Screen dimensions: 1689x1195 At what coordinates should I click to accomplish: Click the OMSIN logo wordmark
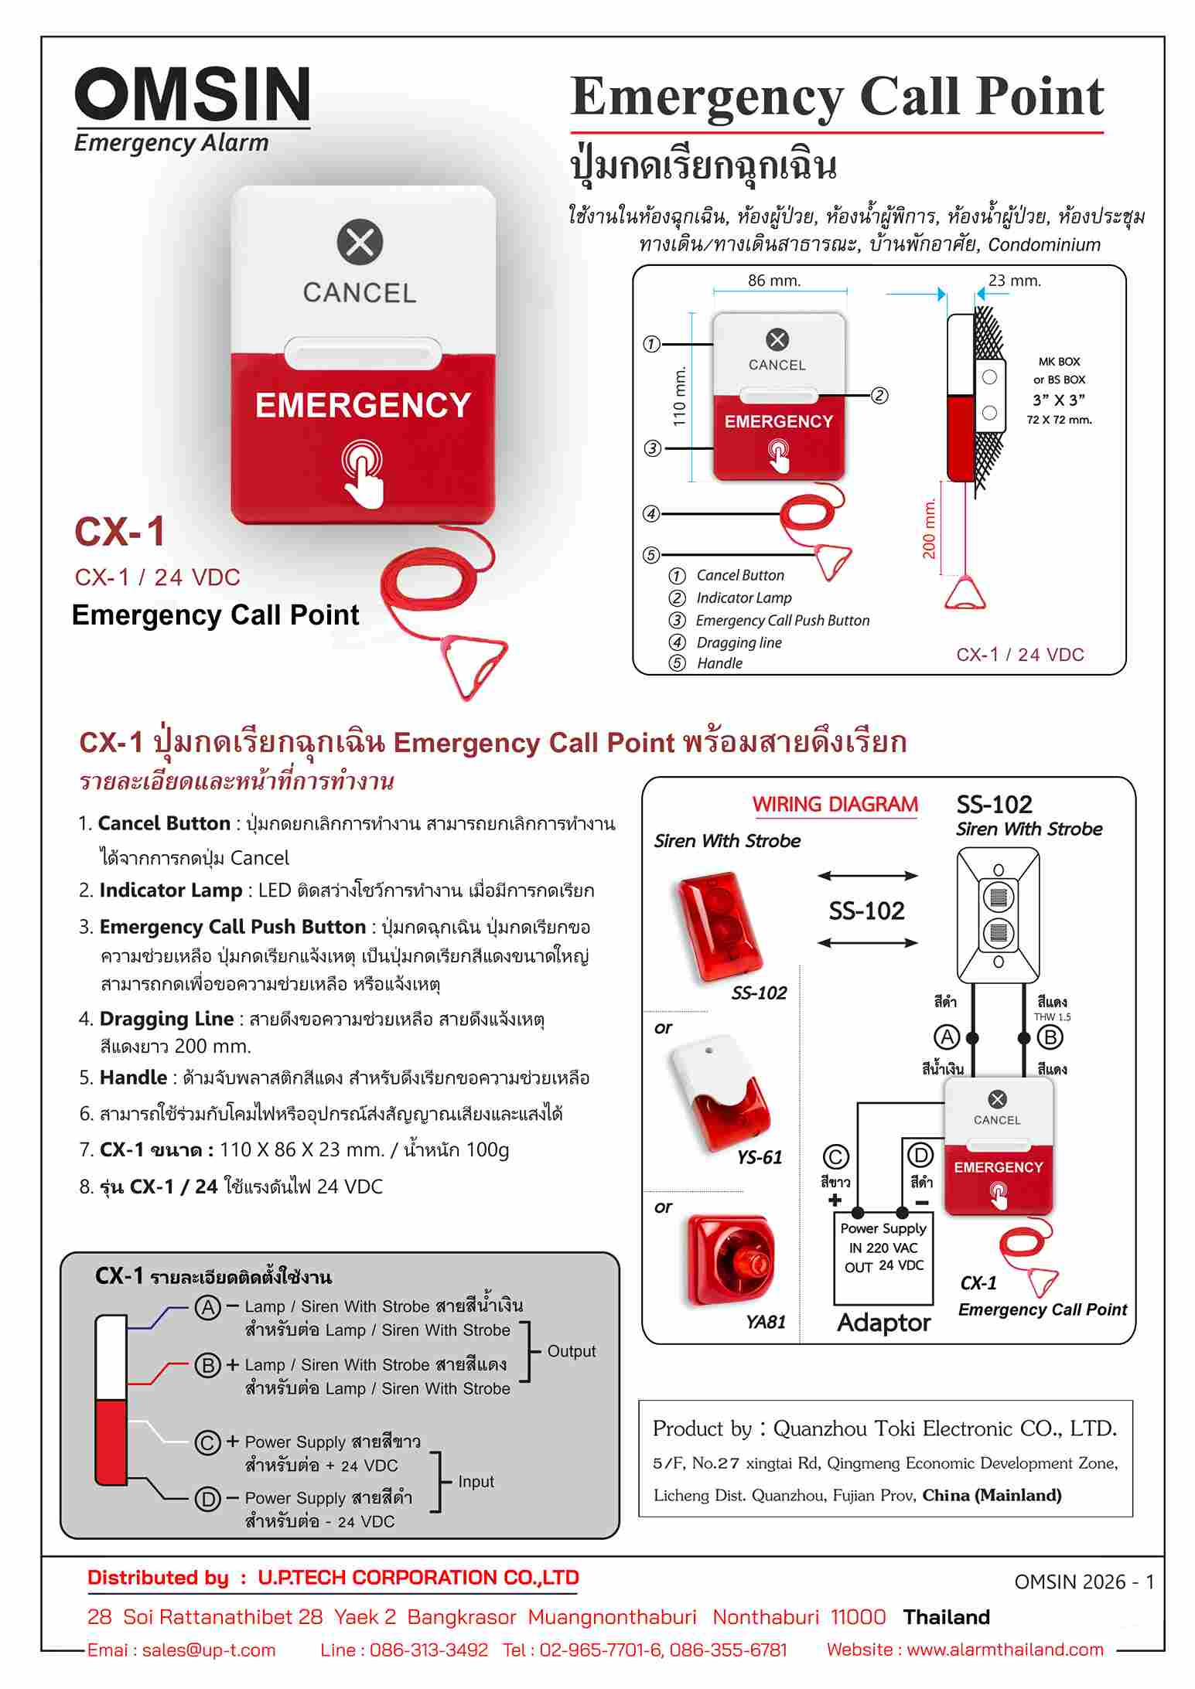193,94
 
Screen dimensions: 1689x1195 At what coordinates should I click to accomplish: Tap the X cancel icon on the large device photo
360,242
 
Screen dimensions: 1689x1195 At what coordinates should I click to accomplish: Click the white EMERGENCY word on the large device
363,406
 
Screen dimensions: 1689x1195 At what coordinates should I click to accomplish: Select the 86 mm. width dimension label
773,281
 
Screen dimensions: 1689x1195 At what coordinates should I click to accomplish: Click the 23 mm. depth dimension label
1015,281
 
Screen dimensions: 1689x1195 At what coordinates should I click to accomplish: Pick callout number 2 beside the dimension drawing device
879,396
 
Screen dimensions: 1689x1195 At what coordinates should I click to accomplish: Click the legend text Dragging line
739,642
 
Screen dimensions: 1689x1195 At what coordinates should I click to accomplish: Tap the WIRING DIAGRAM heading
835,805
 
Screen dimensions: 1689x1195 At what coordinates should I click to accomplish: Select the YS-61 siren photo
721,1092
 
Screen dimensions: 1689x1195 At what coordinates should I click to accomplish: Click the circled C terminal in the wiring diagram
835,1157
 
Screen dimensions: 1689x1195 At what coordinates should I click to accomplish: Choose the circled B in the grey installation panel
207,1365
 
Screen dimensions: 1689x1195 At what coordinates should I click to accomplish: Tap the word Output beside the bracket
571,1351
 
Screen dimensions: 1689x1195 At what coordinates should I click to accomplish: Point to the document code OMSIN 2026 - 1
1084,1582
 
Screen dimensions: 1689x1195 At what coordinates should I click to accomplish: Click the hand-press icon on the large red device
363,472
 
